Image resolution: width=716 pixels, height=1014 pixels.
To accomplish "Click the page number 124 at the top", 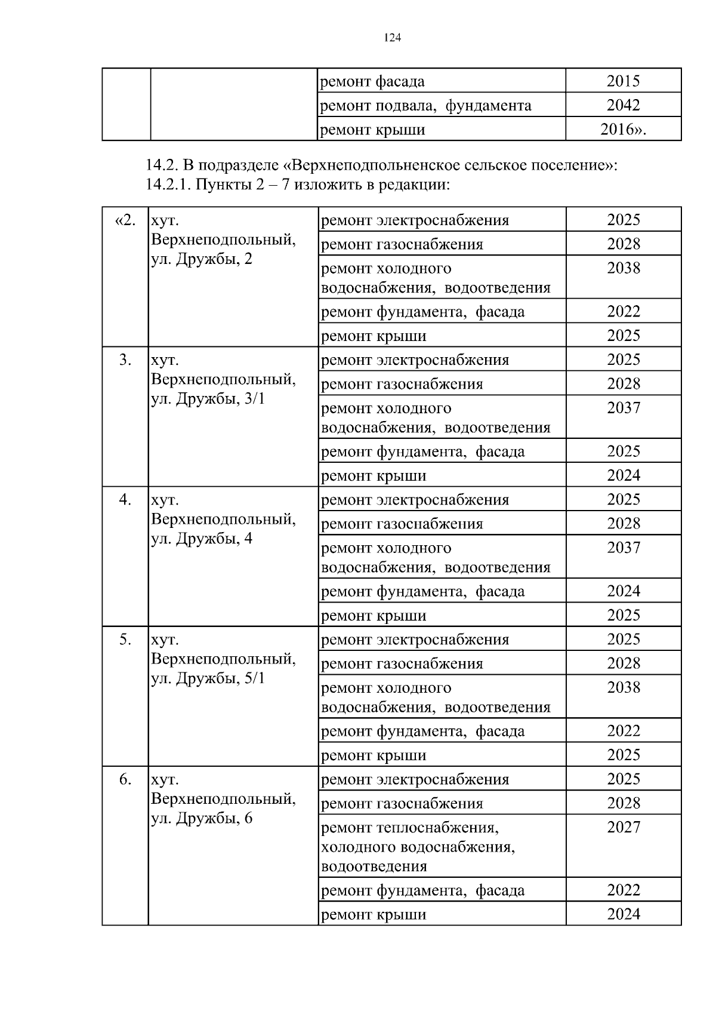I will point(392,38).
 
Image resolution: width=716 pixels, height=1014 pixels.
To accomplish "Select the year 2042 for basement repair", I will point(623,105).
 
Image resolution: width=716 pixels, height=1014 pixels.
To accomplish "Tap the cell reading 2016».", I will point(623,130).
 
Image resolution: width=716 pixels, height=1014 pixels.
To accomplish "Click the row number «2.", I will point(125,220).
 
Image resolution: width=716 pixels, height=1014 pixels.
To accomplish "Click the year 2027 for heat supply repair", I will point(623,827).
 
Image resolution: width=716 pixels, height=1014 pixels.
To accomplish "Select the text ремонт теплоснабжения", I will point(409,828).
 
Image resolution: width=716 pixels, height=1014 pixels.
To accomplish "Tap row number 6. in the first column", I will point(125,779).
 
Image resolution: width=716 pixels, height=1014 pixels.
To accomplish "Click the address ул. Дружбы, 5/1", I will point(208,678).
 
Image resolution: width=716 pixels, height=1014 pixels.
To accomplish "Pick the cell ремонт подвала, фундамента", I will point(425,106).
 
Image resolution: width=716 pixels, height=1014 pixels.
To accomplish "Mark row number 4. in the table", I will point(125,500).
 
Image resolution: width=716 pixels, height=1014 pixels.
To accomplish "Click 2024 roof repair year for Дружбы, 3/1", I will point(623,475).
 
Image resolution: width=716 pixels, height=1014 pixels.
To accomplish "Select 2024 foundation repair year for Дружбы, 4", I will point(623,591).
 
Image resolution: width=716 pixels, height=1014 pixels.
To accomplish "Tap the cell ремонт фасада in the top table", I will point(373,81).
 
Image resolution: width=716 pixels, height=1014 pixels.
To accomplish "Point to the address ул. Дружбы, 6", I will point(202,818).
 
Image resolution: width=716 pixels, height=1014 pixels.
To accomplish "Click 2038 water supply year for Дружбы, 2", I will point(623,268).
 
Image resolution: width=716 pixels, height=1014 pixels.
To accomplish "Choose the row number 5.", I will point(125,640).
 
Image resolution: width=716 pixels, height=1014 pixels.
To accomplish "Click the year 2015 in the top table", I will point(623,81).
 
